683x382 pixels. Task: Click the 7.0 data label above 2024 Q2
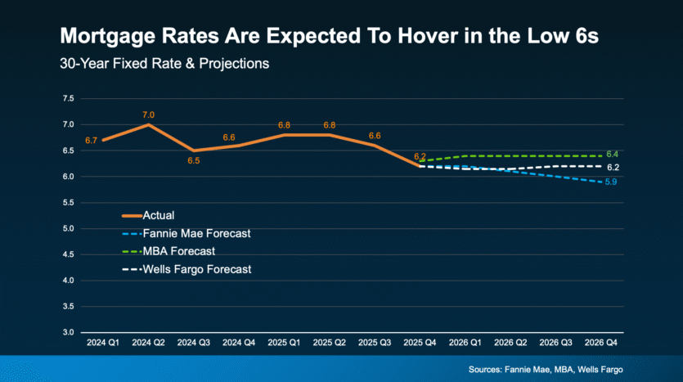tap(148, 115)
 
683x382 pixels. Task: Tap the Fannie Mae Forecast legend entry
tap(186, 233)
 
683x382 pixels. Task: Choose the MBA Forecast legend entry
tap(169, 251)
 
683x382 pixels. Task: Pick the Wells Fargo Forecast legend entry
tap(186, 269)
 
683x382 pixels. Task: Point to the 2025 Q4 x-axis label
tap(420, 343)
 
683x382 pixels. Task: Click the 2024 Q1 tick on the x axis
tap(103, 343)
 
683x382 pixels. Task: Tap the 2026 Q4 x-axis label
tap(600, 343)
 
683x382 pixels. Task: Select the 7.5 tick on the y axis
tap(69, 98)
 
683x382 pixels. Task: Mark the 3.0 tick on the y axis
tap(69, 332)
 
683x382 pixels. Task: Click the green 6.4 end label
tap(612, 155)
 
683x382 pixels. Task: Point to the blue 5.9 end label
tap(611, 182)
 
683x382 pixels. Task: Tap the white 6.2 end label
tap(613, 167)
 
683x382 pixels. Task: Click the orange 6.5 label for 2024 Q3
tap(193, 160)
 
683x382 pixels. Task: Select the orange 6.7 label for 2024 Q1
tap(91, 140)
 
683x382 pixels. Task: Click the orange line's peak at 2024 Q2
tap(148, 125)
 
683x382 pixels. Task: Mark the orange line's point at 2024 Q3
tap(193, 151)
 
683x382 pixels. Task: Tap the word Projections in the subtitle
tap(234, 64)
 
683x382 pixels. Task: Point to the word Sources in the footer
tap(485, 370)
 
